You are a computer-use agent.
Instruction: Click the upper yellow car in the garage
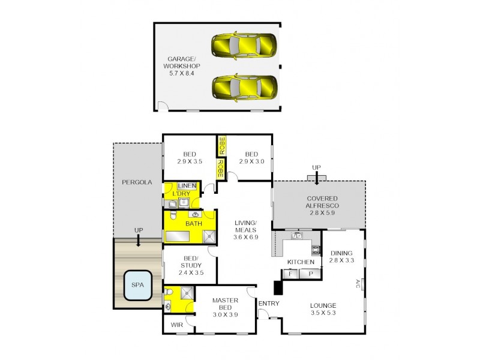click(244, 44)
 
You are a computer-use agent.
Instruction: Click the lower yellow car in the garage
click(244, 87)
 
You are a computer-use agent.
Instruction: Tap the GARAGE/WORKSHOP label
click(184, 66)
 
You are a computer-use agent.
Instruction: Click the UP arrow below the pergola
click(139, 240)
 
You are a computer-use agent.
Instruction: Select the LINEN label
click(187, 186)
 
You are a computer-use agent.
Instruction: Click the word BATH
click(193, 224)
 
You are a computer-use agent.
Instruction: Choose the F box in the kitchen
click(292, 274)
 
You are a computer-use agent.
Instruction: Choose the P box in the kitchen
click(311, 274)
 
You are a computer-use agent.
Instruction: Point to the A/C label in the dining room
click(357, 283)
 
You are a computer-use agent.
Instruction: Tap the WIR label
click(176, 325)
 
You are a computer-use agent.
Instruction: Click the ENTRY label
click(268, 304)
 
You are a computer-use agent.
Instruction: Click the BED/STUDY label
click(191, 265)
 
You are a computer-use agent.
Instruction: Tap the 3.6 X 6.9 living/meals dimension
click(245, 237)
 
